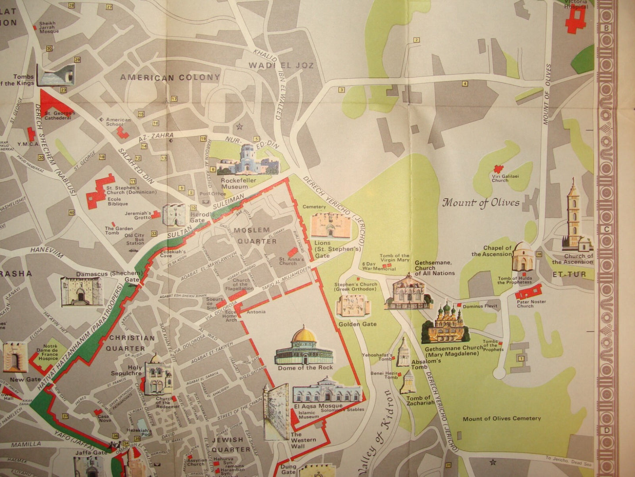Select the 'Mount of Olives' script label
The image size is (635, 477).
[x=481, y=202]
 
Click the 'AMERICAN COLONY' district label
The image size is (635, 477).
[x=170, y=77]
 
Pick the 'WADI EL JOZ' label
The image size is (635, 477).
[x=282, y=65]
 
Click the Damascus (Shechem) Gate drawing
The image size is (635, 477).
[x=82, y=291]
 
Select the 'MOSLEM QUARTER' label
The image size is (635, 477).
[x=257, y=235]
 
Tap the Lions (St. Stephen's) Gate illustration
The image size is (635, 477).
[x=331, y=225]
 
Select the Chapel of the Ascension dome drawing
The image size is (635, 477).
[x=523, y=257]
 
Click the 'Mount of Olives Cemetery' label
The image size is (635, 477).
[x=501, y=418]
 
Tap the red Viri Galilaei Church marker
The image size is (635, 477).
[x=498, y=169]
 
